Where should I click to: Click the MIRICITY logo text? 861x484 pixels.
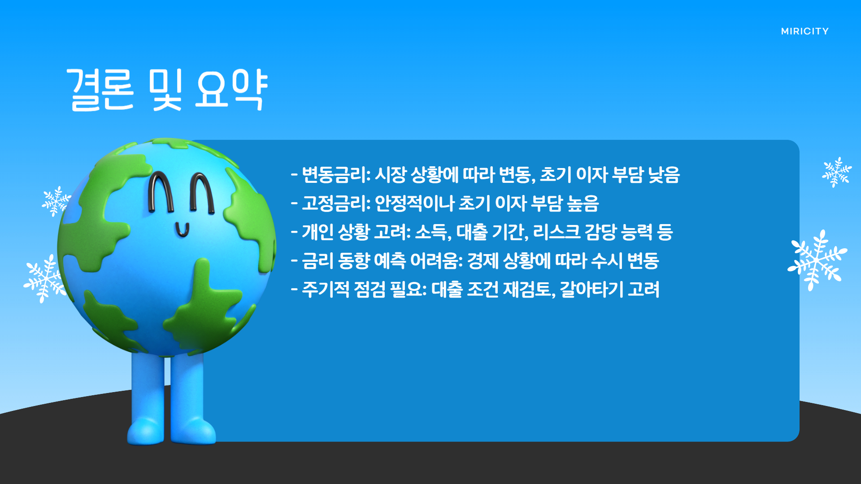click(x=804, y=31)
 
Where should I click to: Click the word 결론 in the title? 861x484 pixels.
click(x=100, y=90)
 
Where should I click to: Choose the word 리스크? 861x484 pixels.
click(x=557, y=232)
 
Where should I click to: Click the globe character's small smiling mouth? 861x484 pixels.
click(x=182, y=230)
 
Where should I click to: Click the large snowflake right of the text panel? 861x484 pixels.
click(x=817, y=260)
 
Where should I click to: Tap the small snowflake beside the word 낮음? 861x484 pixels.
click(x=836, y=172)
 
